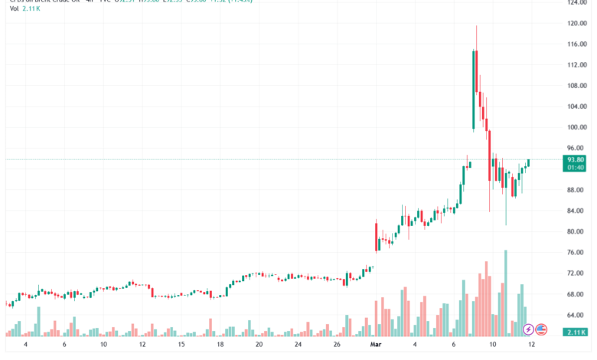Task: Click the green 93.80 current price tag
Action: pyautogui.click(x=576, y=159)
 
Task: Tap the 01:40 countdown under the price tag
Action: pyautogui.click(x=576, y=167)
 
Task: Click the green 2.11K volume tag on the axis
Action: pyautogui.click(x=576, y=332)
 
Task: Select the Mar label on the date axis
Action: pyautogui.click(x=376, y=345)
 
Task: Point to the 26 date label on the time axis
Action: pyautogui.click(x=338, y=345)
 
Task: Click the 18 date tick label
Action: pyautogui.click(x=220, y=345)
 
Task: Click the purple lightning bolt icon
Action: pyautogui.click(x=528, y=329)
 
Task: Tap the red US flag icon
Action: pyautogui.click(x=541, y=329)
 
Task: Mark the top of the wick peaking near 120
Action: pyautogui.click(x=477, y=25)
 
